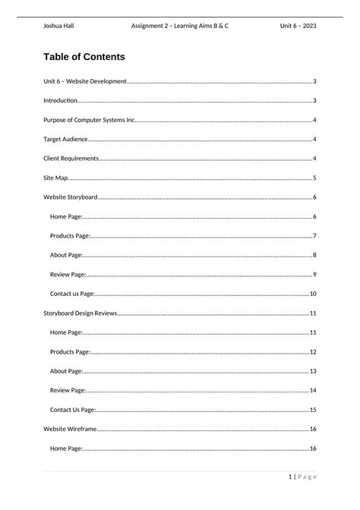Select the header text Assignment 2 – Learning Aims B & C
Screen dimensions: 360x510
point(180,26)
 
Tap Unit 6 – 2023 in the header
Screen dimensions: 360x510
point(298,26)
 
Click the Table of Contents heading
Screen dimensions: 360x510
point(84,57)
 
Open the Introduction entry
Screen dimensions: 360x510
point(60,101)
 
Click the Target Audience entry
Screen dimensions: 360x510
point(66,140)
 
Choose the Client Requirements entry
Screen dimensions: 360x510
point(71,159)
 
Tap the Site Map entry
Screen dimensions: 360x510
point(56,178)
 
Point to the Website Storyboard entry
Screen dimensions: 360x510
point(71,197)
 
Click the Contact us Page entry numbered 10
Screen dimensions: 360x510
point(73,294)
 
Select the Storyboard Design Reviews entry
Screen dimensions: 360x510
point(81,313)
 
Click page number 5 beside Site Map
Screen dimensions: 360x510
point(314,178)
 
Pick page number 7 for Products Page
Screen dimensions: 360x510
point(314,236)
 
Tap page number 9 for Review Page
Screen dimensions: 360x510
point(314,275)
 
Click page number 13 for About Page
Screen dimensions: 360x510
point(313,371)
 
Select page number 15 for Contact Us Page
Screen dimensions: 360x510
point(313,410)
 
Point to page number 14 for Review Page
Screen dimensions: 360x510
point(313,390)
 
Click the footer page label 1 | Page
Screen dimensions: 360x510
point(302,477)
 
